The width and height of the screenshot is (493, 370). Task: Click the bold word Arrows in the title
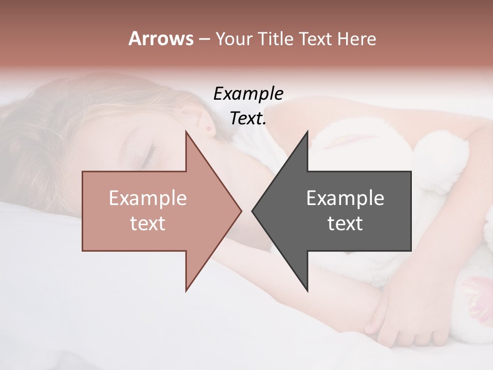coord(161,39)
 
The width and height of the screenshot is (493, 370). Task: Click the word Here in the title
coord(356,39)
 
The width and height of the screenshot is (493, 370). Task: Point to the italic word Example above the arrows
coord(248,94)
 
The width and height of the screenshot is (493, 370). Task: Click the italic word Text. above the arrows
coord(248,119)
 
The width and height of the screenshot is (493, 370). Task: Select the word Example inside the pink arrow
coord(148,198)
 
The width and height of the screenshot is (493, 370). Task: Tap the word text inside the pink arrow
coord(148,224)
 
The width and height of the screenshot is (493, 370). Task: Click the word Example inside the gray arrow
coord(345,198)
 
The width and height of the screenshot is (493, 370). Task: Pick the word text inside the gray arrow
coord(345,224)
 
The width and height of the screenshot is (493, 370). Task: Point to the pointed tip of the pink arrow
coord(240,211)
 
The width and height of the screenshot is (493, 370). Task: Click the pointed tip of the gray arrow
coord(253,211)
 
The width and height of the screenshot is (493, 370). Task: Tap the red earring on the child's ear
coord(208,127)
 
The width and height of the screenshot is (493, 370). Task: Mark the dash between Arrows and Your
coord(204,40)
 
